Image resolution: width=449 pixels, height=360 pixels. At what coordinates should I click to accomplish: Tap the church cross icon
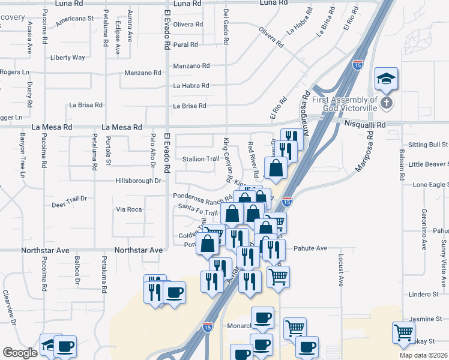tap(387, 101)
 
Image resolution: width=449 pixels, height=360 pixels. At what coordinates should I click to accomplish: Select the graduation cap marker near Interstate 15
tap(387, 78)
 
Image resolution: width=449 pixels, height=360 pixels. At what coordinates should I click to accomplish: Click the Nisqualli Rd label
tap(366, 123)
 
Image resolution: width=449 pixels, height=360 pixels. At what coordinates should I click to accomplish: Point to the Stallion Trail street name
tap(200, 159)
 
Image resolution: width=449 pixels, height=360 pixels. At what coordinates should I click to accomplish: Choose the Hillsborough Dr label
tap(139, 181)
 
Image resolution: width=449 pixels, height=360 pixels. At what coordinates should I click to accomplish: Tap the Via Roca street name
tap(129, 209)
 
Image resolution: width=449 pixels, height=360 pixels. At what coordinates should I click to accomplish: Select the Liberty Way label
tap(68, 58)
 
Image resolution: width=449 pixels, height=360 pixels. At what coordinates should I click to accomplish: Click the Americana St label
tap(75, 19)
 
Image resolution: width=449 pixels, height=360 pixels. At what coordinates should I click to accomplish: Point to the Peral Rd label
tap(185, 45)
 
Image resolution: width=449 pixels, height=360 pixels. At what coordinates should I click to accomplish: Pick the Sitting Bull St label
tap(428, 145)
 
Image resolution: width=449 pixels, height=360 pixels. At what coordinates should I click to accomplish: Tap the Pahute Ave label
tap(310, 248)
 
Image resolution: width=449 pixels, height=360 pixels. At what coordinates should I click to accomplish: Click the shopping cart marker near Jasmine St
tap(403, 332)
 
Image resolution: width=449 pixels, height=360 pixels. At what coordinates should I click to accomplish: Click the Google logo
tap(20, 353)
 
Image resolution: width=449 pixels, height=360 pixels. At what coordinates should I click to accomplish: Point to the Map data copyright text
tap(424, 355)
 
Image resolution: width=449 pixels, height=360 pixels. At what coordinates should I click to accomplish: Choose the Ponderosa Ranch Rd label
tap(202, 197)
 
